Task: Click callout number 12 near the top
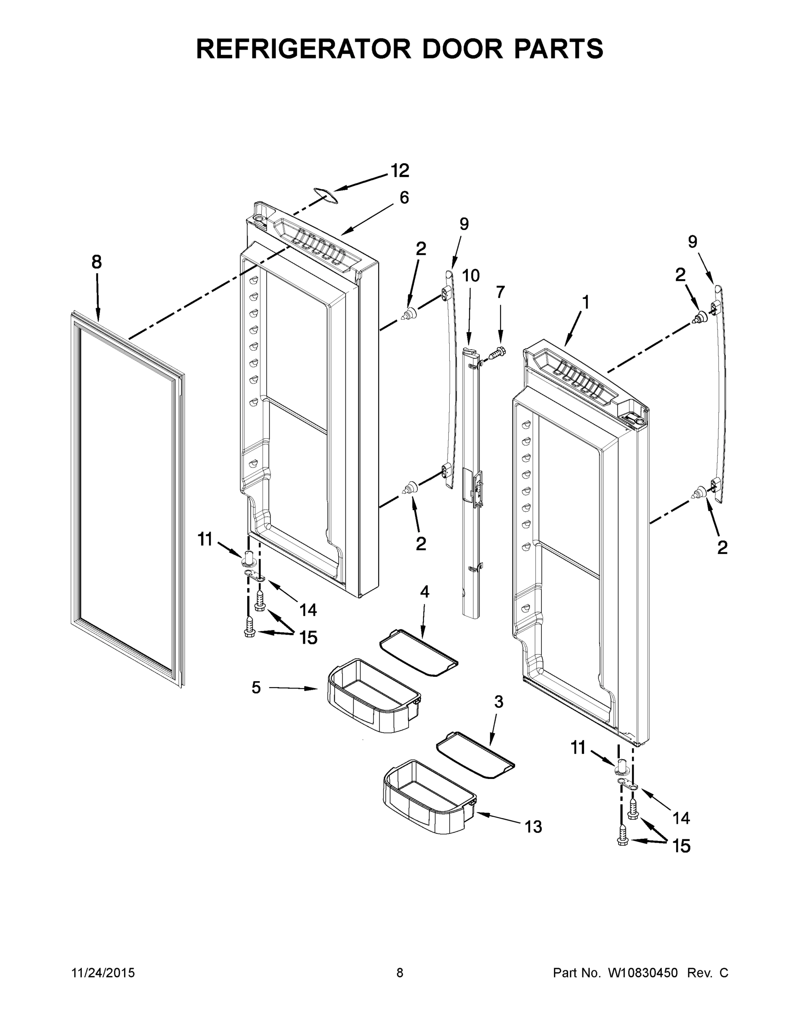[x=400, y=171]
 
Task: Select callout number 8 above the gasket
[x=96, y=262]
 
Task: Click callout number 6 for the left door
[x=404, y=197]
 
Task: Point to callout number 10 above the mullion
[x=470, y=276]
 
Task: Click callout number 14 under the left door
[x=308, y=610]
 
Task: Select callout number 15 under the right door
[x=681, y=846]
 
